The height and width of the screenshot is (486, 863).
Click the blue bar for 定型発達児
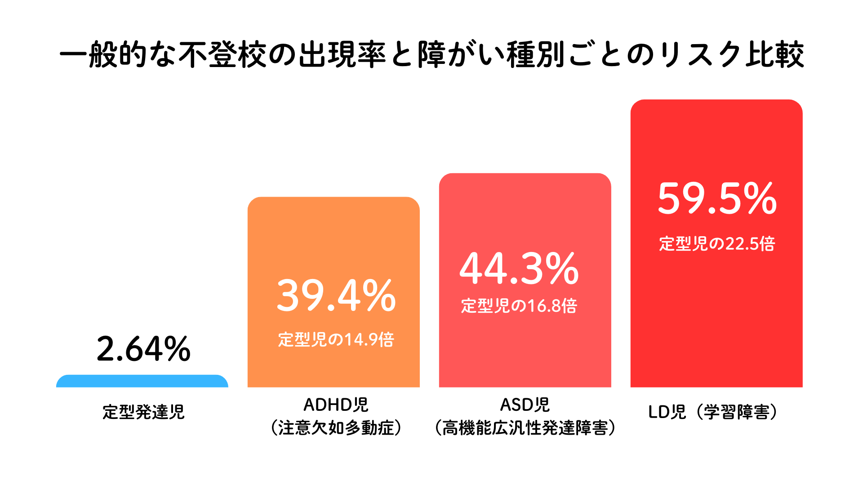142,381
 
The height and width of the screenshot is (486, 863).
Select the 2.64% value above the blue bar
143,349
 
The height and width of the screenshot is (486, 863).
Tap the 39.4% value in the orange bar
336,296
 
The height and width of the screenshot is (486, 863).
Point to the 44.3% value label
519,269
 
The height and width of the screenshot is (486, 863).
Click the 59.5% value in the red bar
717,198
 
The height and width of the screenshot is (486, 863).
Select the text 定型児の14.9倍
336,339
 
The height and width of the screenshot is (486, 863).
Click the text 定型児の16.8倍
519,306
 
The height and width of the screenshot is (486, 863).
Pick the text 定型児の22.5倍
717,243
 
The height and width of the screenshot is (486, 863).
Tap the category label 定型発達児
143,412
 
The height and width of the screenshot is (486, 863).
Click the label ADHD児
336,405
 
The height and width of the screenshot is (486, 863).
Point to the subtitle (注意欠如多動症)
336,427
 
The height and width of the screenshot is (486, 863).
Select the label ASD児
525,405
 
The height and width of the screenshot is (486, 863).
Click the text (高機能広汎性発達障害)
525,427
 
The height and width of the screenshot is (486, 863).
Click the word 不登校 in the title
223,55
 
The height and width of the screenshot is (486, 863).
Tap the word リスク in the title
701,55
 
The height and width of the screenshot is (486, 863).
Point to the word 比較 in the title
775,55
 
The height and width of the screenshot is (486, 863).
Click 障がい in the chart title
461,55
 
